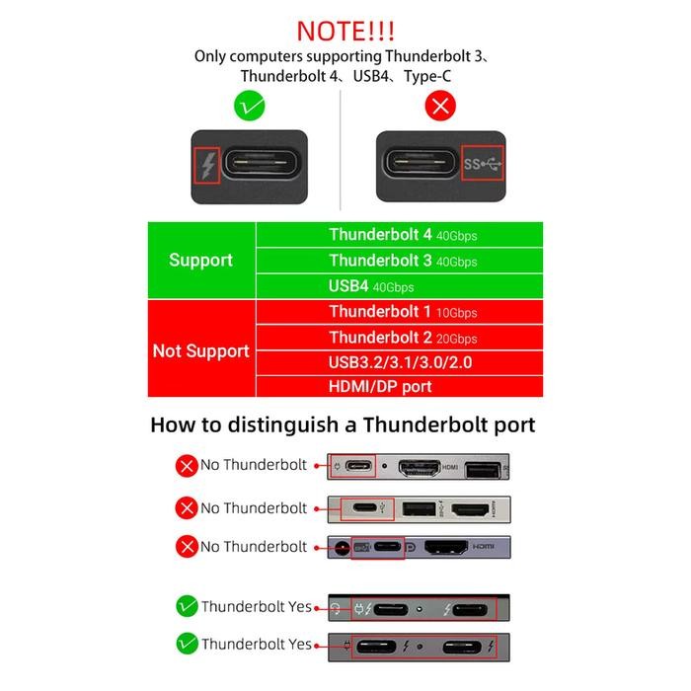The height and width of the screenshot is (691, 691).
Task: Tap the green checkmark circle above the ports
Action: [248, 106]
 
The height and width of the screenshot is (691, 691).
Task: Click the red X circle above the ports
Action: [439, 106]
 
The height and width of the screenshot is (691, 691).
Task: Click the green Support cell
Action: [201, 261]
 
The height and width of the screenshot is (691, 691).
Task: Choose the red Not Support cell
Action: [201, 350]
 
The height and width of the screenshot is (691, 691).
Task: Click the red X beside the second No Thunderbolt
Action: [186, 509]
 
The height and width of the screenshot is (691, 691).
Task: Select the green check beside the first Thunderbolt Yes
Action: [186, 607]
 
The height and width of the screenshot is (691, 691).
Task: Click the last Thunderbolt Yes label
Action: [257, 645]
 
